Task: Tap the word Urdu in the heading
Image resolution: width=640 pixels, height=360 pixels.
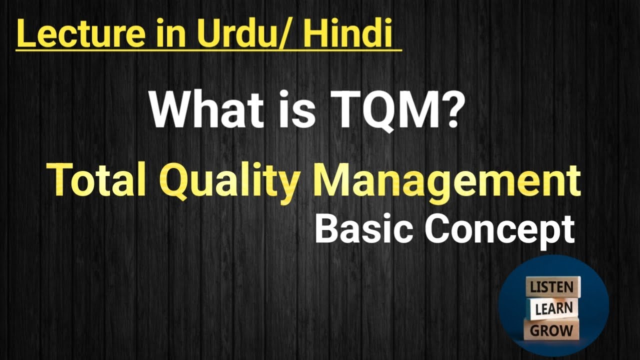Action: [x=231, y=33]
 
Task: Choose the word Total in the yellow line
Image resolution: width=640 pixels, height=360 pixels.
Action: [x=96, y=181]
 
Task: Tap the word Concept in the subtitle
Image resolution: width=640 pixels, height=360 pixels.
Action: [x=500, y=230]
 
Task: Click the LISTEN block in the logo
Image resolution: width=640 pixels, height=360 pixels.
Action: [x=552, y=287]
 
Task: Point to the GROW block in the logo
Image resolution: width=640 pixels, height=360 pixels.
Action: [x=551, y=330]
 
